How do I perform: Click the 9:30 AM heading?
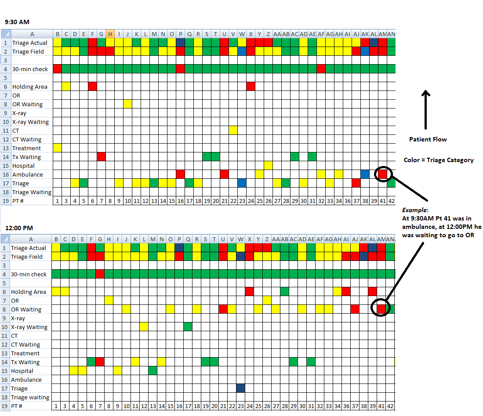click(x=17, y=22)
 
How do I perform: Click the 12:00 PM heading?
click(x=19, y=228)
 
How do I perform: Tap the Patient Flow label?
click(x=428, y=139)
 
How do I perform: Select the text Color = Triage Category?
click(x=439, y=160)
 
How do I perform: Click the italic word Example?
click(x=415, y=210)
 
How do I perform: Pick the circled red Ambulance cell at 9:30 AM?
click(x=382, y=174)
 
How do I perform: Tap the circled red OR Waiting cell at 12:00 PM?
click(x=381, y=309)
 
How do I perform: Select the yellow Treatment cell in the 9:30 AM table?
click(x=57, y=148)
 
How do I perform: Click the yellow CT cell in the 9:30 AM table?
click(x=233, y=130)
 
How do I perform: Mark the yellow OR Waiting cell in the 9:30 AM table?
click(x=127, y=104)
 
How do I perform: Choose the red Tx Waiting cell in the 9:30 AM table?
click(x=101, y=157)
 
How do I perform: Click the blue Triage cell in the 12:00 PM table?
click(x=240, y=388)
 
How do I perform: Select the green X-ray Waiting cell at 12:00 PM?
click(x=188, y=327)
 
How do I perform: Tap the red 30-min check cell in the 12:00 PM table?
click(x=100, y=274)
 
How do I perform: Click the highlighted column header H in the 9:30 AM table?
click(x=110, y=34)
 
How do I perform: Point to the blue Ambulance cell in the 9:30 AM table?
click(x=365, y=174)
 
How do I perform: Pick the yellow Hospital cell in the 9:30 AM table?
click(x=268, y=166)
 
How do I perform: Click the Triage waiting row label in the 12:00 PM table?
click(x=30, y=397)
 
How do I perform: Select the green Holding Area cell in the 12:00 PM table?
click(x=284, y=292)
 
